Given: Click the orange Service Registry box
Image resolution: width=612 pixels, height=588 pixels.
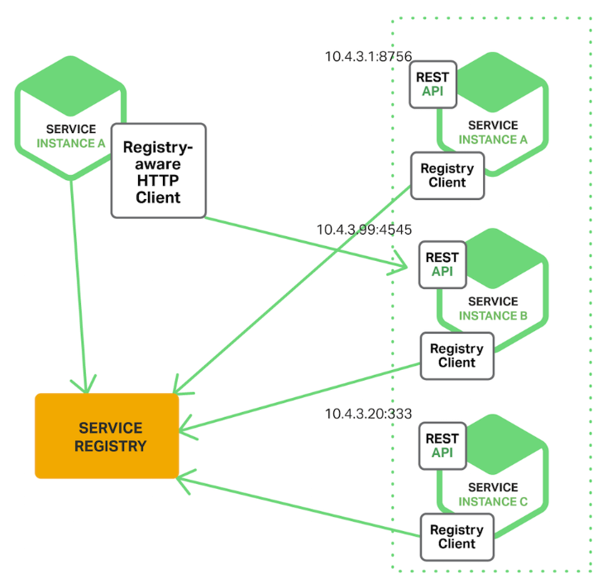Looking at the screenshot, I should click(x=107, y=436).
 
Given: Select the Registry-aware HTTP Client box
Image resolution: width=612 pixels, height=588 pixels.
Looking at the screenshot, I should click(x=158, y=171).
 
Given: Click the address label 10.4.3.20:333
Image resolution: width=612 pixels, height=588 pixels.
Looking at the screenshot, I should click(x=368, y=414).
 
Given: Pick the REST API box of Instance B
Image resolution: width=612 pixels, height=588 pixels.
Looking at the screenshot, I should click(x=443, y=264).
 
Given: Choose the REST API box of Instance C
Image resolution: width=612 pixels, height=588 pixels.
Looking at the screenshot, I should click(x=443, y=446).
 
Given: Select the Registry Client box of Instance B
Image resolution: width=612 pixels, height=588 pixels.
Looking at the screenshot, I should click(x=457, y=356).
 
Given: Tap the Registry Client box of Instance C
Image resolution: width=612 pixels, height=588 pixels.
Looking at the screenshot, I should click(x=457, y=537).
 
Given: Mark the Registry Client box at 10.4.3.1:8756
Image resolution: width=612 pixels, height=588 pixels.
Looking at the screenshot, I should click(x=447, y=175).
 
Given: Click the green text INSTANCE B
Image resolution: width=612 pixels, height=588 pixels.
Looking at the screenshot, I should click(x=493, y=316).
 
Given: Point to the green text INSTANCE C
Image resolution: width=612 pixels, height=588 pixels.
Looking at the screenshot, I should click(x=493, y=501).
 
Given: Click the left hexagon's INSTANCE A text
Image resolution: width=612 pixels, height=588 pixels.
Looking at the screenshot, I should click(x=71, y=143).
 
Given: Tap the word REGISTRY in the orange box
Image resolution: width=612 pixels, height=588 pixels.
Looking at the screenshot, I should click(x=110, y=446).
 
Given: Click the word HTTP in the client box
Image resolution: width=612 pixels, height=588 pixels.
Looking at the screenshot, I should click(x=158, y=181).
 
